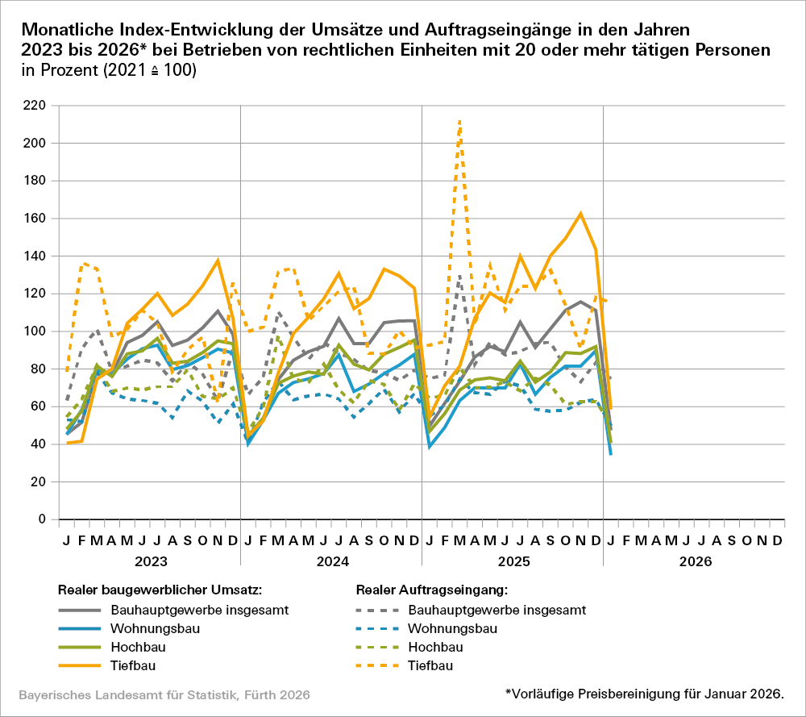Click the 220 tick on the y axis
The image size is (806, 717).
(x=35, y=106)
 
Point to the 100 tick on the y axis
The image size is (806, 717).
(x=35, y=331)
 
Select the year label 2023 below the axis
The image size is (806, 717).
(x=149, y=560)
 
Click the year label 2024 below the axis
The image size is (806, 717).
(x=330, y=560)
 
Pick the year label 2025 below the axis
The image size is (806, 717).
(x=512, y=560)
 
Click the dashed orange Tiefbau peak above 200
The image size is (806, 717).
(x=459, y=121)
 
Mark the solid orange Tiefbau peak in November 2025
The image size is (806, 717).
(x=580, y=214)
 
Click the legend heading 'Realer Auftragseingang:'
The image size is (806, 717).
(x=432, y=590)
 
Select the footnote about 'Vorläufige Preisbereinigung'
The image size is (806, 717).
(x=644, y=693)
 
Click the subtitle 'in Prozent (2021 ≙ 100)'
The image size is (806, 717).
(x=110, y=71)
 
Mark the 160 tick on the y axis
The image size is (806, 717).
(x=35, y=219)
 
